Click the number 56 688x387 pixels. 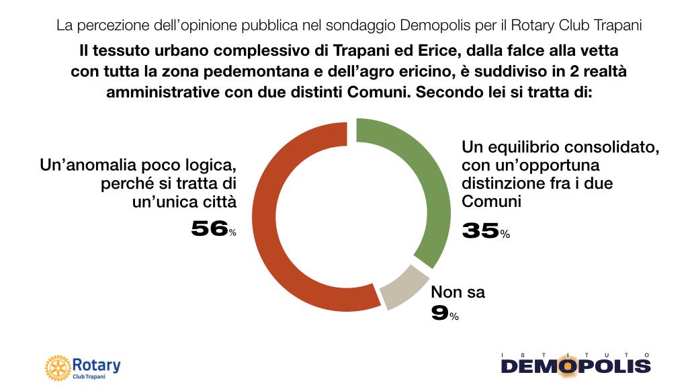click(x=209, y=229)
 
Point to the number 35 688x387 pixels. click(x=480, y=231)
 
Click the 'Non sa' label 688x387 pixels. click(x=457, y=292)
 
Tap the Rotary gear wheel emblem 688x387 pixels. click(x=57, y=368)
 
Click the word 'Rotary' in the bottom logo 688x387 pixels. click(x=96, y=365)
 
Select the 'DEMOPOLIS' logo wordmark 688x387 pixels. click(x=576, y=366)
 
